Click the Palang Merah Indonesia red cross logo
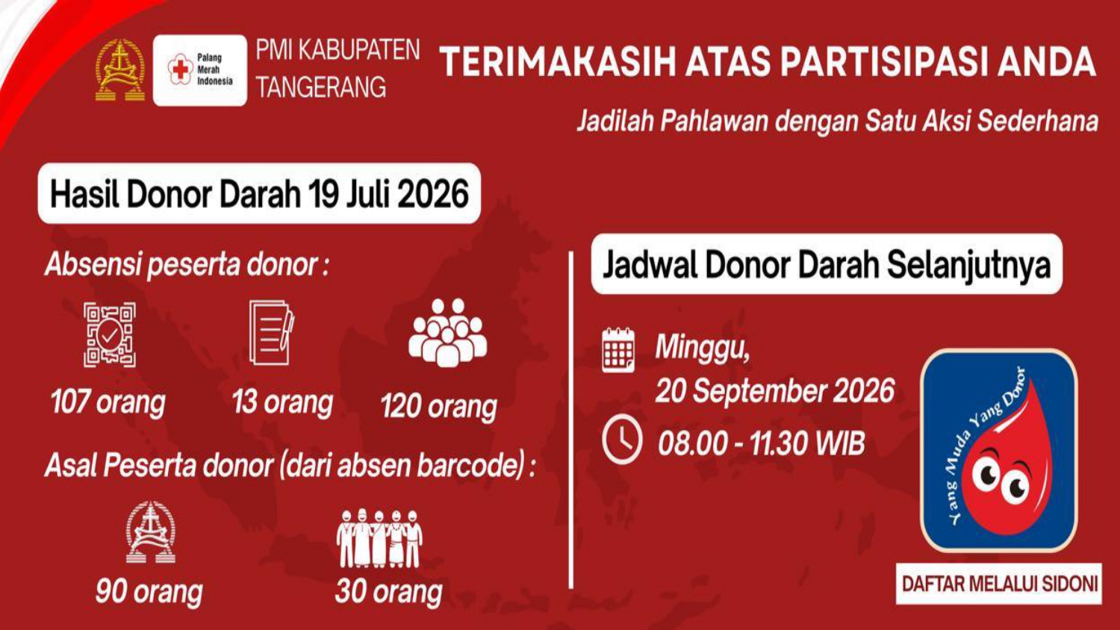tap(181, 69)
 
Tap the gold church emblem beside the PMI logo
tap(120, 70)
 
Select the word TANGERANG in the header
tap(321, 87)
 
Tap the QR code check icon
tap(110, 334)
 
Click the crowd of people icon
tap(447, 332)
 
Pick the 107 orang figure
tap(108, 402)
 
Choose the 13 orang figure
tap(282, 402)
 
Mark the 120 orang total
tap(439, 406)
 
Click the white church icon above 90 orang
tap(151, 532)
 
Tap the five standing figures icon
tap(379, 538)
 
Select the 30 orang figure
tap(388, 591)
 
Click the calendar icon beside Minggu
tap(618, 351)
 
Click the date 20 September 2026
tap(775, 390)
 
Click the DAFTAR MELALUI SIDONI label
tap(1000, 584)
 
